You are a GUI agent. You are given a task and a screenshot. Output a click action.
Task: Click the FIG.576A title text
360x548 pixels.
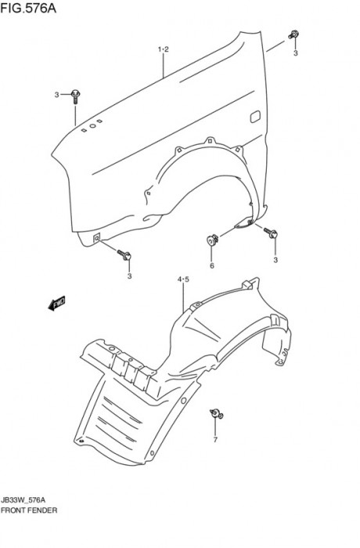(28, 8)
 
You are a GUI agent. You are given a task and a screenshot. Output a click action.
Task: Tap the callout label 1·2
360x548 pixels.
(164, 49)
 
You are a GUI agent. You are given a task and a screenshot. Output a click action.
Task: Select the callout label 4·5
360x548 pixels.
(183, 279)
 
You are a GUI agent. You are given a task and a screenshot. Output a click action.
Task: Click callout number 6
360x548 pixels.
(212, 265)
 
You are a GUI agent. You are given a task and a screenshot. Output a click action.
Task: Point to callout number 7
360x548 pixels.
(215, 440)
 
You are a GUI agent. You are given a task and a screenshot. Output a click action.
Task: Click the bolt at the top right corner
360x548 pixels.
(293, 34)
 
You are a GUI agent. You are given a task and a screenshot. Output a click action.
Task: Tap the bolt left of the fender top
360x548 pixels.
(75, 96)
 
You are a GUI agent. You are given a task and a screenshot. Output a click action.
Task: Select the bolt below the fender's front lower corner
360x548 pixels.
(124, 254)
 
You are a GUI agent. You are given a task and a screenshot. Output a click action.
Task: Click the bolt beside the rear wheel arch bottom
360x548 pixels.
(271, 233)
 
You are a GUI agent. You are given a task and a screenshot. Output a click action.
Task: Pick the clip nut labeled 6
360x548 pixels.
(212, 240)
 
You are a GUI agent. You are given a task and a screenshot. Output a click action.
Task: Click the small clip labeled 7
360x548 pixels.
(217, 414)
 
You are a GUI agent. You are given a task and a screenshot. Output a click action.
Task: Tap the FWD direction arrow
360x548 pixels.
(56, 303)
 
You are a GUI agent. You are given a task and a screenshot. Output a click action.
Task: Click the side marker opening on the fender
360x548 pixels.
(255, 117)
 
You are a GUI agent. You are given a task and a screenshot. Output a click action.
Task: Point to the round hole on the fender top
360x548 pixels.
(92, 125)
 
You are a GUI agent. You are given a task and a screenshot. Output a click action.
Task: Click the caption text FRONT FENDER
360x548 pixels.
(29, 510)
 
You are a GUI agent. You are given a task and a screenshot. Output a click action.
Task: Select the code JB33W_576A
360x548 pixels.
(23, 499)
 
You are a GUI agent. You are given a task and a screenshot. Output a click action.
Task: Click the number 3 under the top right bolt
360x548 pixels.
(295, 53)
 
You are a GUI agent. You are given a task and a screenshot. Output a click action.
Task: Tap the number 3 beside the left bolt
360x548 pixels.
(56, 95)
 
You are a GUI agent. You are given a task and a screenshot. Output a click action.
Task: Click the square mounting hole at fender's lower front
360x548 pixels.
(97, 238)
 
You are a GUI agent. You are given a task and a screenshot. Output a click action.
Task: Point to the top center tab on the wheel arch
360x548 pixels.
(210, 140)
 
